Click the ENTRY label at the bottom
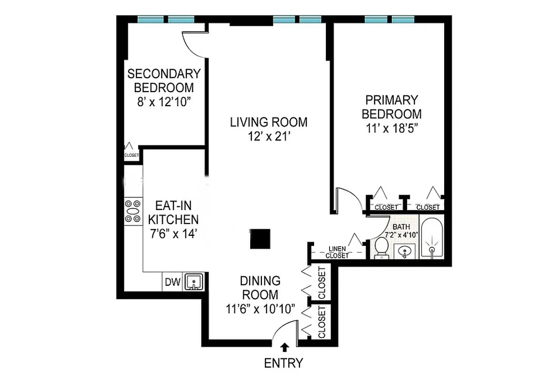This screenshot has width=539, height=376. [283, 363]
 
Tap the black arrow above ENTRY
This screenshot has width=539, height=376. [284, 347]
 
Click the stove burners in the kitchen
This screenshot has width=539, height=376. [133, 211]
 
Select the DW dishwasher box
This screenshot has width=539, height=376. [172, 282]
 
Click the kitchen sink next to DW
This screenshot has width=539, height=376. [193, 282]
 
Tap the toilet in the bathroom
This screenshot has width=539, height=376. [381, 248]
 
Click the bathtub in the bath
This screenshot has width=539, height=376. [431, 238]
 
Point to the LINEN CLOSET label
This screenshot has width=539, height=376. [337, 252]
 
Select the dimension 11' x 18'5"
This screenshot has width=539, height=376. [393, 128]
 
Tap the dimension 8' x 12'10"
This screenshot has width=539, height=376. [164, 102]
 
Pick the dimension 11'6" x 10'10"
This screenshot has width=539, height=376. [260, 308]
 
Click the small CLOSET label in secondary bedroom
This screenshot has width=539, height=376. [131, 155]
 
